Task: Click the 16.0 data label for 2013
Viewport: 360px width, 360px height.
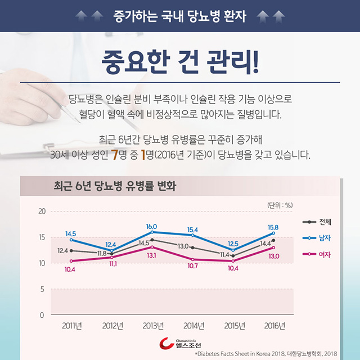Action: point(151,226)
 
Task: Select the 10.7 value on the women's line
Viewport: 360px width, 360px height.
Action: point(192,265)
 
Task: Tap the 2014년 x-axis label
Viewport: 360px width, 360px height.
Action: point(192,326)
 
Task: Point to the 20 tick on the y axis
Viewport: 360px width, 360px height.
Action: point(41,211)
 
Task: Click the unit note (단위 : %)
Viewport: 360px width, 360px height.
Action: point(279,204)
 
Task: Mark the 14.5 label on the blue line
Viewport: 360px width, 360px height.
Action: point(71,233)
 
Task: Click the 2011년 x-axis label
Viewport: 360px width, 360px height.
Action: point(71,326)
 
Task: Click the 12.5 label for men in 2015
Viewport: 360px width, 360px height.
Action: point(233,244)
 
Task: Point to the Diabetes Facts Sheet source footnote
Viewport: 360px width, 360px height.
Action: point(264,354)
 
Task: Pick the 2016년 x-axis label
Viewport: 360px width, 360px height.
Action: point(273,326)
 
